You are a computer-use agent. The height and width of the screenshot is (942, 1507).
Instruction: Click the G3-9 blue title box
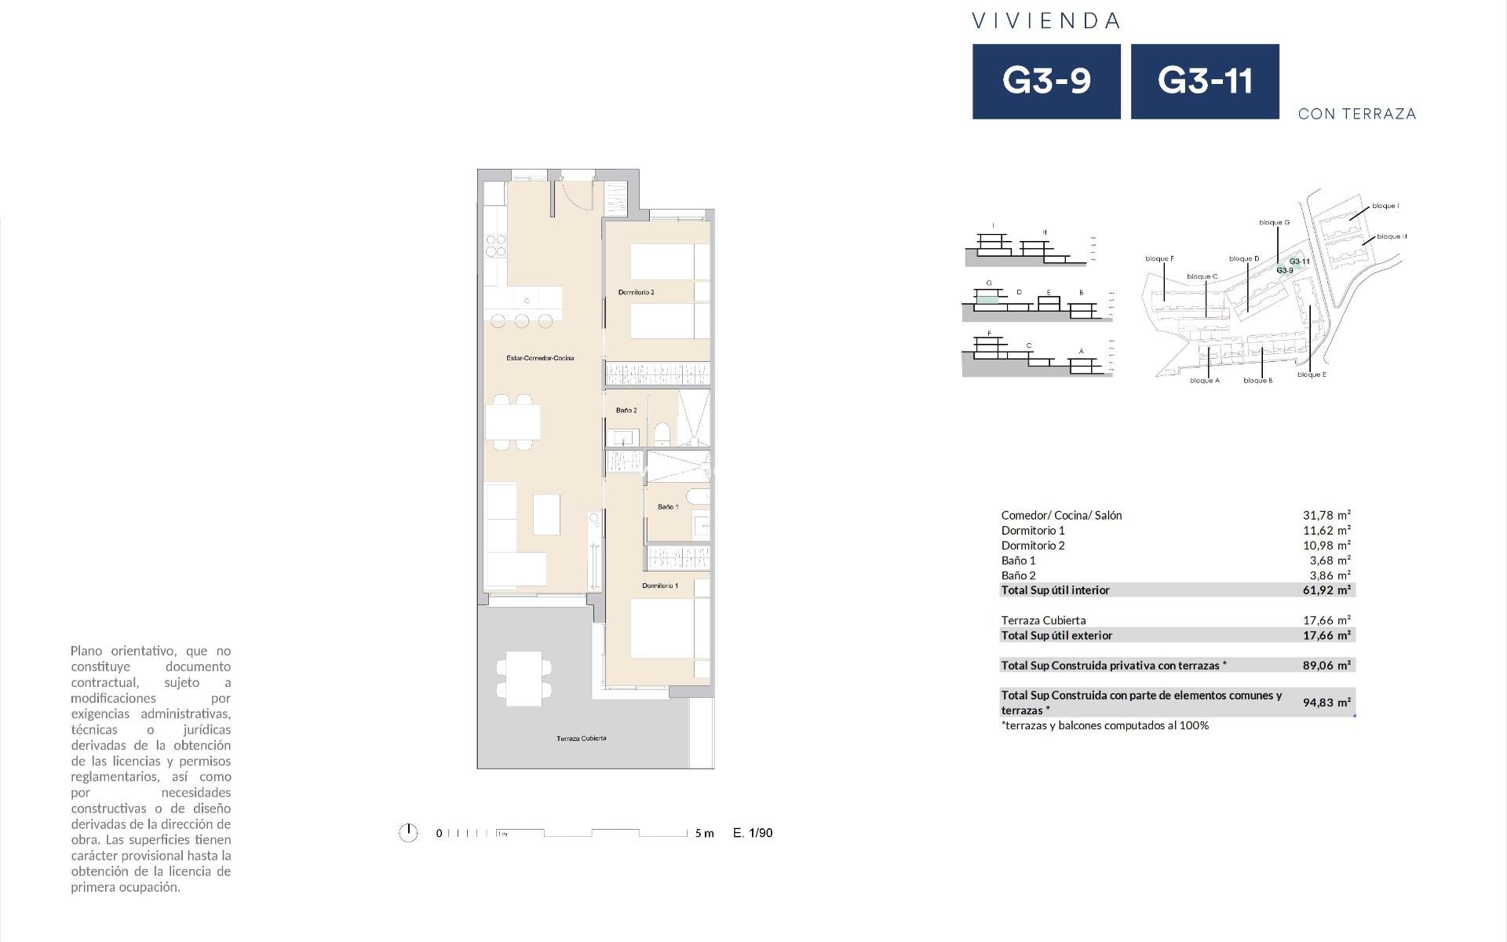click(x=1046, y=82)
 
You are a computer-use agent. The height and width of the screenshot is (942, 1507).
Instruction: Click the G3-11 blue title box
click(x=1205, y=82)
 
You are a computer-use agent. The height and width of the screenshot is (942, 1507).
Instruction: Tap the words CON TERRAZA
click(x=1357, y=114)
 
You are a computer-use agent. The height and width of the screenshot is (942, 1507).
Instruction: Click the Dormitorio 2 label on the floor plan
click(x=636, y=292)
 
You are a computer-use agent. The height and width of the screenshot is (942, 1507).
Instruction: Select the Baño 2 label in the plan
click(x=626, y=411)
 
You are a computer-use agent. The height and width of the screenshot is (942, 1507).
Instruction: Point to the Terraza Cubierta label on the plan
click(x=581, y=739)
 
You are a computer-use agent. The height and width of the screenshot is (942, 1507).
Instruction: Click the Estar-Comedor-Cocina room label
click(x=540, y=358)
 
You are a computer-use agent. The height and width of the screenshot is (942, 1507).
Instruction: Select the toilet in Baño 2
click(x=662, y=434)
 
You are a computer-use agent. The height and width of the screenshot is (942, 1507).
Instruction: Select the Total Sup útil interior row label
click(x=1055, y=590)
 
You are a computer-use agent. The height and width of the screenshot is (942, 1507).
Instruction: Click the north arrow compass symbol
click(x=408, y=833)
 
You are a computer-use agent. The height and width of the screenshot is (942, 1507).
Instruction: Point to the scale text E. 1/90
click(x=752, y=833)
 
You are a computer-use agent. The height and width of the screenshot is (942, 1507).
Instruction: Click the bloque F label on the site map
click(x=1159, y=259)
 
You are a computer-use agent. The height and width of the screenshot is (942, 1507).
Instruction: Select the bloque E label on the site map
click(x=1312, y=374)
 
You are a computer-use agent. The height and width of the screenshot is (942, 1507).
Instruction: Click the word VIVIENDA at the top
click(x=1046, y=21)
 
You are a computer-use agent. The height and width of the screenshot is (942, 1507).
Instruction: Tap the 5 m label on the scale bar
click(x=704, y=834)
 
